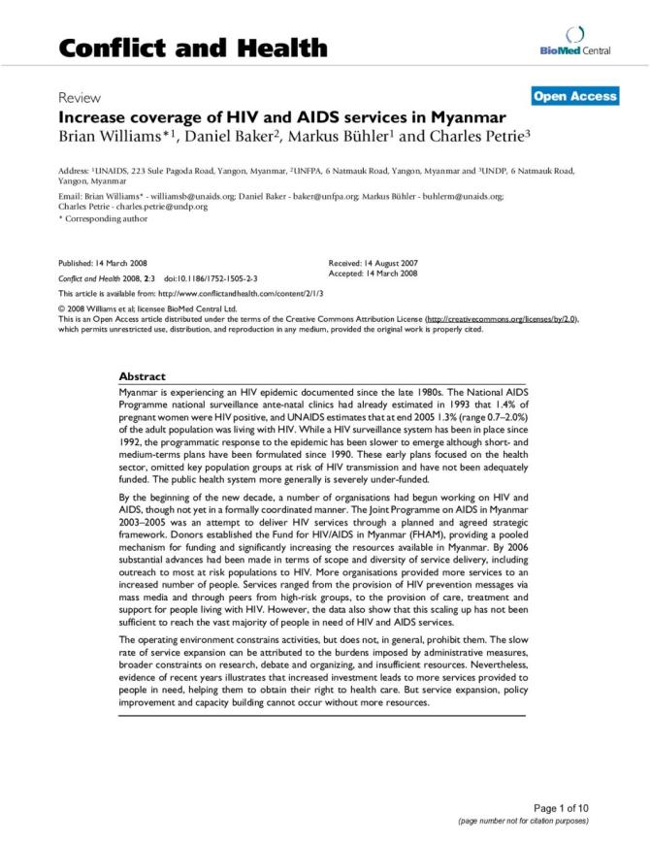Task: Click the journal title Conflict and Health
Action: [193, 48]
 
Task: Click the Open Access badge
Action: [574, 96]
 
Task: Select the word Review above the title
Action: [80, 98]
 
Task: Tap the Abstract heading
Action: [142, 376]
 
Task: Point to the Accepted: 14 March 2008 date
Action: [380, 273]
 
